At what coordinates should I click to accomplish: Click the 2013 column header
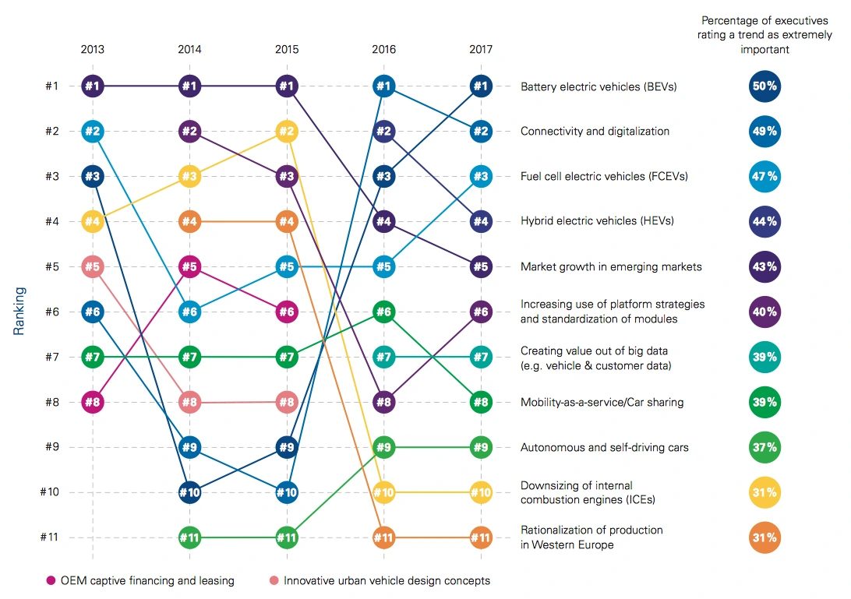point(92,49)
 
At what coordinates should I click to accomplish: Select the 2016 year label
point(383,49)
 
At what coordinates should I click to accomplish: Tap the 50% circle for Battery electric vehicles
point(764,86)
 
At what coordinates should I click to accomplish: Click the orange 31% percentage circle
point(764,537)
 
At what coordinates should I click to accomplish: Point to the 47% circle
point(764,176)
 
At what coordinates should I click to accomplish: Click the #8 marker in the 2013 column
point(92,403)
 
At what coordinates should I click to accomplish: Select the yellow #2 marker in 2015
point(287,131)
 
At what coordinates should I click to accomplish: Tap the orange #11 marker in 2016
point(383,537)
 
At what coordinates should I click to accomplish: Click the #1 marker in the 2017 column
point(481,86)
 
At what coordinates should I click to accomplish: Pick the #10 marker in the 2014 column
point(189,492)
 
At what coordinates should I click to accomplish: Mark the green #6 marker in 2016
point(383,312)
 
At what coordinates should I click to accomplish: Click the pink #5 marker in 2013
point(92,266)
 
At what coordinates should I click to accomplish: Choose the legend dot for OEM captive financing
point(51,580)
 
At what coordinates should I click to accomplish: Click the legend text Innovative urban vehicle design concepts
point(387,580)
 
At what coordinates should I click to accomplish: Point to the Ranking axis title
point(19,312)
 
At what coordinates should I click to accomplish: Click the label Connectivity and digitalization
point(595,131)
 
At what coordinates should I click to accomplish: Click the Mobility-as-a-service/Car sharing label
point(602,403)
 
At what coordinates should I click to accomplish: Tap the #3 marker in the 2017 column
point(481,176)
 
